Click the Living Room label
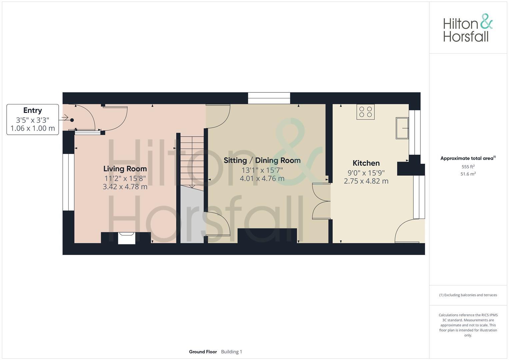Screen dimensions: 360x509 click(x=125, y=169)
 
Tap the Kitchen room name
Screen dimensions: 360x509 click(x=366, y=163)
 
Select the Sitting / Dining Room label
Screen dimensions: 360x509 click(x=262, y=160)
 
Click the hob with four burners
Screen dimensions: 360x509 click(x=365, y=112)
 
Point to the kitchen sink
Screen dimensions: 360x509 click(x=402, y=128)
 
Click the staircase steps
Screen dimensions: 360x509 click(x=192, y=160)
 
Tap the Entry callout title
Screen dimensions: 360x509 click(x=33, y=110)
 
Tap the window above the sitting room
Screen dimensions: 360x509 click(x=269, y=98)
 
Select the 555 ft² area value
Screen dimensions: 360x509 click(x=468, y=167)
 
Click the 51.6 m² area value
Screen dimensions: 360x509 click(x=468, y=174)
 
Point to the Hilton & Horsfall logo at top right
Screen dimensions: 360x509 click(x=468, y=28)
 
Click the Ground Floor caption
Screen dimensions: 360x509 click(x=203, y=352)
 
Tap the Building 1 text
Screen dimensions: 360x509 click(x=231, y=352)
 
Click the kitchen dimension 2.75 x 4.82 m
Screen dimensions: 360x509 click(x=366, y=181)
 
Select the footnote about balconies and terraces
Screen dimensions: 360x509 click(x=468, y=295)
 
